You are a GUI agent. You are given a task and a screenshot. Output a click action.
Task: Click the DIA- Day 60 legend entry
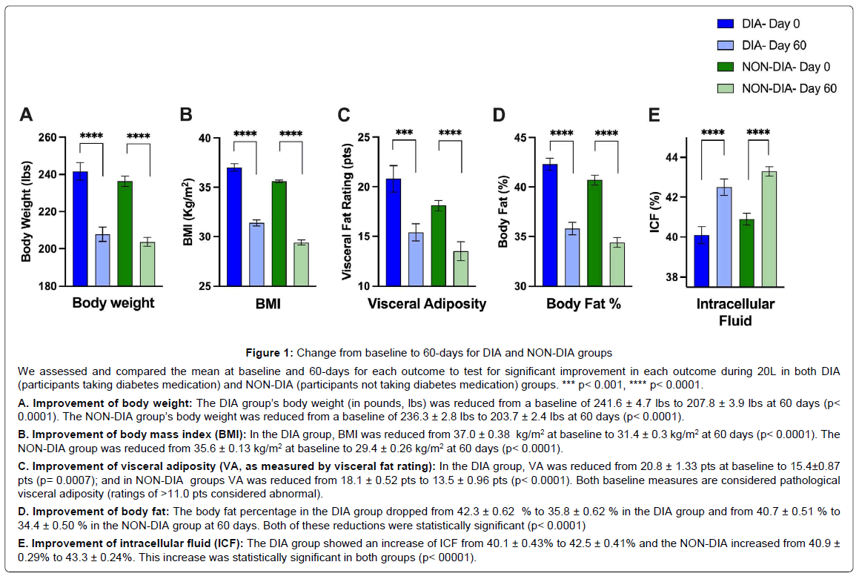tap(761, 45)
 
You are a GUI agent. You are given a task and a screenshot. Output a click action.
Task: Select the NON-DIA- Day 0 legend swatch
tap(726, 67)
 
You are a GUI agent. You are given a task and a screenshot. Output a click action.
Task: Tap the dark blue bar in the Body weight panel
tap(80, 229)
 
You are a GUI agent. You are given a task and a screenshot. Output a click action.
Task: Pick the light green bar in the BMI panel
tap(302, 265)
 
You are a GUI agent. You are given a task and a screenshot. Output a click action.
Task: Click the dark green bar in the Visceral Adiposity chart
tap(438, 246)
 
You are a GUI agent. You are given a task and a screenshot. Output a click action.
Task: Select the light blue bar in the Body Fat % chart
tap(572, 257)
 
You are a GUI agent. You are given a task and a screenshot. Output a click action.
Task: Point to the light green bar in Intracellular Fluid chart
tap(769, 229)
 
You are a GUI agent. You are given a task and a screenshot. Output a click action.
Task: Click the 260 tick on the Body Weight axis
tap(47, 137)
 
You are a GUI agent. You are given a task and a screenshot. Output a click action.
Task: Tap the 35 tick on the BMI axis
tap(205, 188)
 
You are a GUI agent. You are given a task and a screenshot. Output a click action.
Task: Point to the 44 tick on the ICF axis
tap(671, 158)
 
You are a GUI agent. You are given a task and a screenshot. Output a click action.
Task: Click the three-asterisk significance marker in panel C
tap(404, 133)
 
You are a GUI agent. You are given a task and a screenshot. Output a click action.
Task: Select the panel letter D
tap(499, 115)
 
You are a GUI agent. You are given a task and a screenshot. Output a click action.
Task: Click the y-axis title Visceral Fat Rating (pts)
tap(347, 211)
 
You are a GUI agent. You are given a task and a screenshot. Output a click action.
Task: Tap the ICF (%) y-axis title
tap(654, 213)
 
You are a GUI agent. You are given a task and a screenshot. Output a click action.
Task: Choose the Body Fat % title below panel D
tap(583, 304)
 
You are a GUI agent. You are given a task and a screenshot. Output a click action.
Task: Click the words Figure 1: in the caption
tap(270, 353)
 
